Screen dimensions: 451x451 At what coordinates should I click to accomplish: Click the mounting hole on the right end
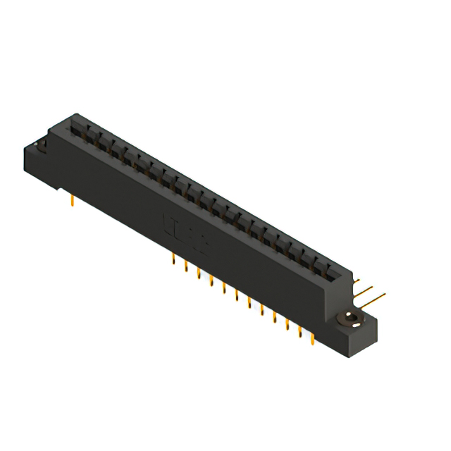[350, 320]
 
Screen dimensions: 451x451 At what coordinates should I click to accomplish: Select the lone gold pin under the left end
[73, 202]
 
